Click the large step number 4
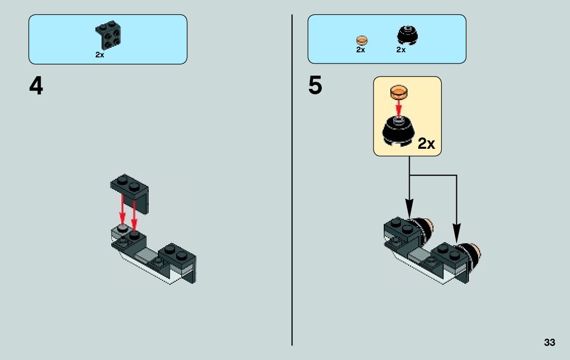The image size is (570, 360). pos(36,87)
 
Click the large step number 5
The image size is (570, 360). pos(315,86)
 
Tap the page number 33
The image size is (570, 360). pos(549,343)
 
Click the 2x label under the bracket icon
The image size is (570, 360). pos(99,55)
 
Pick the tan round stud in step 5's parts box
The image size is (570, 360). pos(361,40)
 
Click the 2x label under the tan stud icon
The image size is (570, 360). pos(360,50)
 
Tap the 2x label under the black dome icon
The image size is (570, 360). pos(401,50)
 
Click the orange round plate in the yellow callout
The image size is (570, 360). pos(398,92)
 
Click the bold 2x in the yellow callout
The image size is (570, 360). pos(426,144)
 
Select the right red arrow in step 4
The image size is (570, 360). pos(134,216)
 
